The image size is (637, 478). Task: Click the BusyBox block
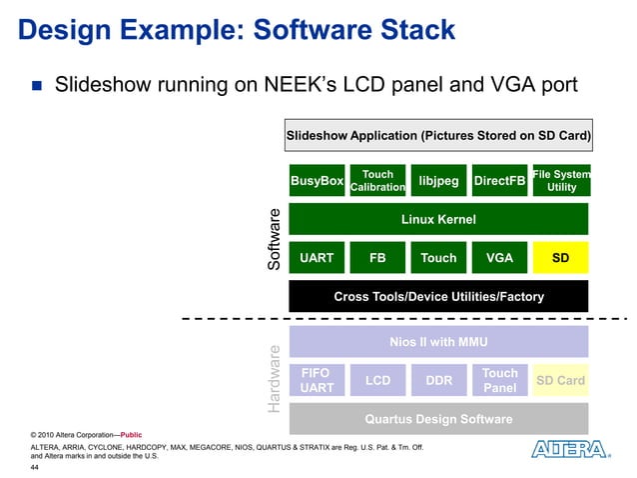click(317, 181)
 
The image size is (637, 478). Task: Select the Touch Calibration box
click(377, 181)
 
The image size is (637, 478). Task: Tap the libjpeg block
click(438, 181)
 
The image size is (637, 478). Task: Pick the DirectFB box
click(499, 181)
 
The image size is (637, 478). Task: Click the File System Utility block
click(561, 181)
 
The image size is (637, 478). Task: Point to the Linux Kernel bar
click(438, 219)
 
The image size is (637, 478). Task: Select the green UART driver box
click(317, 258)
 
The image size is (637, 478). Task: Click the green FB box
click(377, 258)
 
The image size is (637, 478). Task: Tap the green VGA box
click(499, 258)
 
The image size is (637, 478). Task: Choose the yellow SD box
click(561, 258)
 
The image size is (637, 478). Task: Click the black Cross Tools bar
click(438, 296)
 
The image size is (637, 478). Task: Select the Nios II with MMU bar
click(438, 342)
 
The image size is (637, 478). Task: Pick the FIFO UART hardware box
click(317, 380)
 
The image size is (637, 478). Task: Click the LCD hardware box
click(377, 380)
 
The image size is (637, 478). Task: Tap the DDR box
click(438, 380)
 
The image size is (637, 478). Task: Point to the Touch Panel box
click(499, 380)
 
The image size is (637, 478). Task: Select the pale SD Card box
click(561, 380)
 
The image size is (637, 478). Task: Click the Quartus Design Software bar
click(438, 418)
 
